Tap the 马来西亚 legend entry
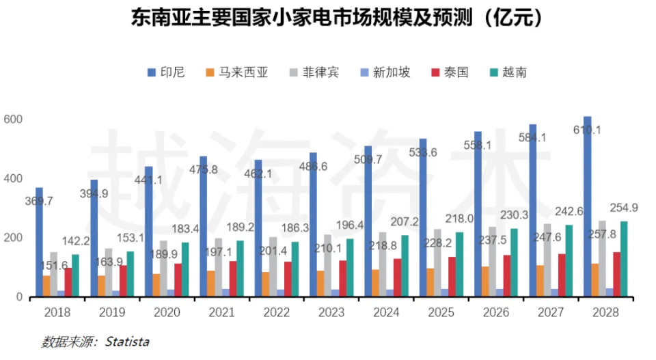tap(236, 72)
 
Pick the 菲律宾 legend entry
tap(314, 72)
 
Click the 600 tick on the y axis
tap(14, 120)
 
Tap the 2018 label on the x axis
tap(57, 312)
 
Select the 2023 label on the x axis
tap(331, 312)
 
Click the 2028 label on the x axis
tap(605, 312)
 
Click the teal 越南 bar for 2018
tap(75, 276)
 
